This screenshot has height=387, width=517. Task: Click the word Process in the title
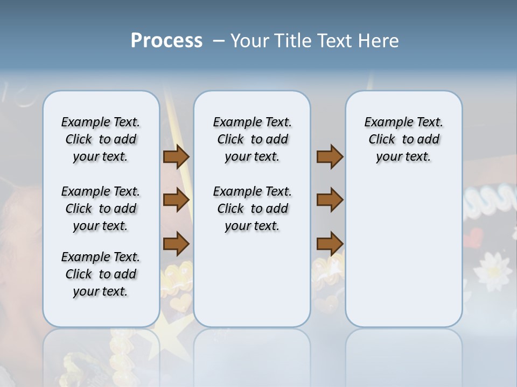tap(166, 41)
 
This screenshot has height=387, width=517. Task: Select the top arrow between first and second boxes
tap(176, 157)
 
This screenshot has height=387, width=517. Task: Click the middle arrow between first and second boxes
tap(176, 200)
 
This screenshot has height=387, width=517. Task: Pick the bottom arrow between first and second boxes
tap(176, 244)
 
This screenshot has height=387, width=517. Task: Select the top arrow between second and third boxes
tap(330, 157)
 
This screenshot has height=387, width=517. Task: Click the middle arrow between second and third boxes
tap(330, 200)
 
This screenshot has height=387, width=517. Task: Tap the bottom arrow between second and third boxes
tap(330, 244)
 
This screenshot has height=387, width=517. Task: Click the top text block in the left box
tap(101, 139)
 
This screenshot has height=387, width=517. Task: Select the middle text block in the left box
tap(101, 209)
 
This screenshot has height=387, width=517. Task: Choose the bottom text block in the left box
tap(101, 274)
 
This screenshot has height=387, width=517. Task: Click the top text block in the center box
tap(252, 139)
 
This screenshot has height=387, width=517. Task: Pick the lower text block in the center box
tap(252, 209)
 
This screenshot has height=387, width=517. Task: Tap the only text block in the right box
tap(403, 139)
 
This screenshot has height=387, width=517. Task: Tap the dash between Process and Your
tap(218, 41)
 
